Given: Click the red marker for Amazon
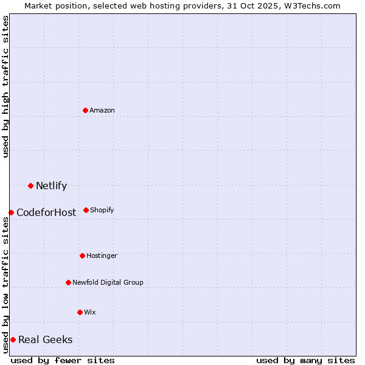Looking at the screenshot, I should click(x=85, y=110).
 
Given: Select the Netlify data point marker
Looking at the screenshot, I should click(x=30, y=186).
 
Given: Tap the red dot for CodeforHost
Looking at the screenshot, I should click(x=11, y=212).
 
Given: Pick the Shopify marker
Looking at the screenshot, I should click(x=86, y=210).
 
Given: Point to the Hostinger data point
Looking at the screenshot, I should click(x=82, y=255).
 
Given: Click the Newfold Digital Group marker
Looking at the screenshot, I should click(x=68, y=282).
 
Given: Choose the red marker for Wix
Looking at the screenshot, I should click(x=80, y=312).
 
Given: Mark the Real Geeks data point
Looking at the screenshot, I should click(x=13, y=339).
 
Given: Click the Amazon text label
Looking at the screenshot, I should click(x=102, y=110).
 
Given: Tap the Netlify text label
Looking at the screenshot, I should click(x=51, y=186).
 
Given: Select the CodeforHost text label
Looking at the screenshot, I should click(x=46, y=212).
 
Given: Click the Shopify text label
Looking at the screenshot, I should click(x=102, y=210).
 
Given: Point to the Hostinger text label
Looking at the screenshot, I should click(x=102, y=255).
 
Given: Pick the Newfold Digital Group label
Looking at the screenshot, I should click(x=108, y=282).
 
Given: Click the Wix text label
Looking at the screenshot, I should click(x=90, y=312).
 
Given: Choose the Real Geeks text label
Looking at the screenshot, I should click(x=45, y=339).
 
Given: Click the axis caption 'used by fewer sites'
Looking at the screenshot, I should click(x=63, y=360).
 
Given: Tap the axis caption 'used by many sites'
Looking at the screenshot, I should click(x=305, y=360).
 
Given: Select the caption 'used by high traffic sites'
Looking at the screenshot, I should click(x=5, y=86).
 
